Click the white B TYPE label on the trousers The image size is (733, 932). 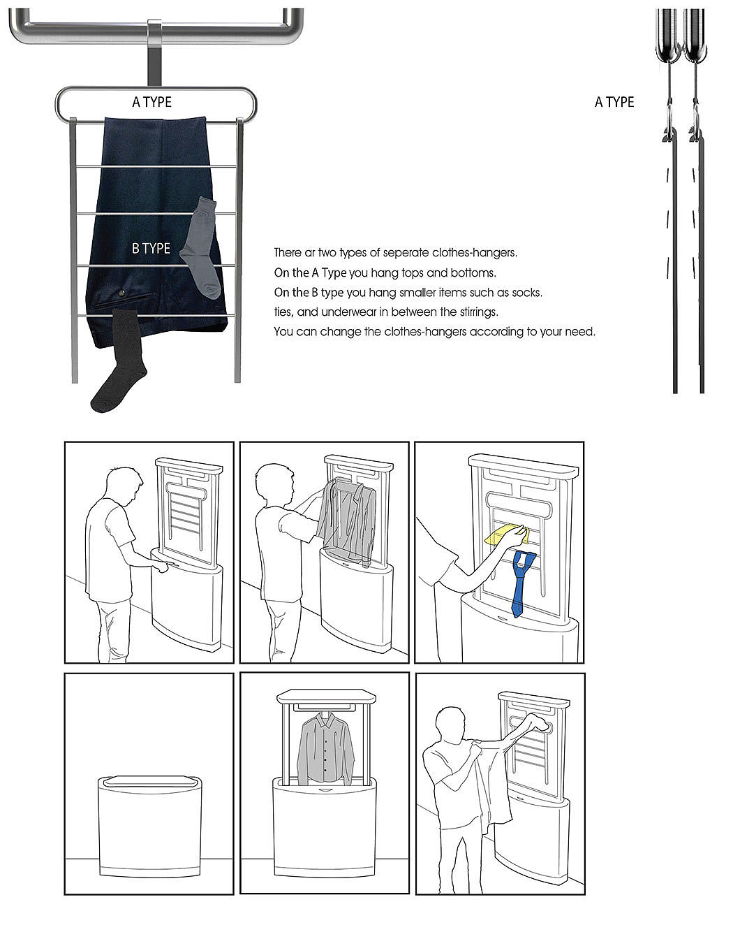pyautogui.click(x=151, y=248)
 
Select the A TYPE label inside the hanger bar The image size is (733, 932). pyautogui.click(x=152, y=102)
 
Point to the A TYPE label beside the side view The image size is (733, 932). pyautogui.click(x=614, y=102)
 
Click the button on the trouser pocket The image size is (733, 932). pyautogui.click(x=121, y=294)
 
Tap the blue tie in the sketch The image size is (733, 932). pyautogui.click(x=522, y=583)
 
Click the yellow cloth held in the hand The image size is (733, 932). pyautogui.click(x=506, y=534)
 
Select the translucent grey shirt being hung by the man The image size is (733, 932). pyautogui.click(x=346, y=521)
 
